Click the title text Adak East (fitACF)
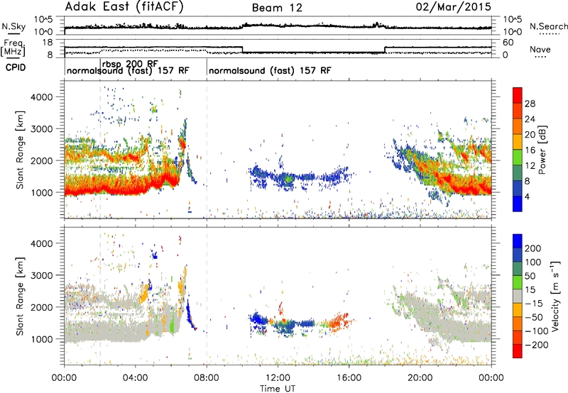[x=124, y=7]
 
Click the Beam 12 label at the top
[x=277, y=8]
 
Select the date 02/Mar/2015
[x=454, y=7]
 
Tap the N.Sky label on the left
[x=13, y=26]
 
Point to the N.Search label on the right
[x=548, y=26]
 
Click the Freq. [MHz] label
[x=13, y=48]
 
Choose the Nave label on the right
[x=540, y=49]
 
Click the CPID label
[x=16, y=67]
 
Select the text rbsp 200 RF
[x=130, y=64]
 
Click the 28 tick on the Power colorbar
[x=530, y=104]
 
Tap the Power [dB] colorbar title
[x=542, y=150]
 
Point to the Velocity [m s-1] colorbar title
[x=556, y=296]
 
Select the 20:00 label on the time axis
[x=420, y=378]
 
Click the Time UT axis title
[x=278, y=388]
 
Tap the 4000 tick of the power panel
[x=42, y=97]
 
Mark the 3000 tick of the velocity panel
[x=42, y=275]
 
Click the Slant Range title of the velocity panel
[x=21, y=297]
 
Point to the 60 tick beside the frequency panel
[x=508, y=43]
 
